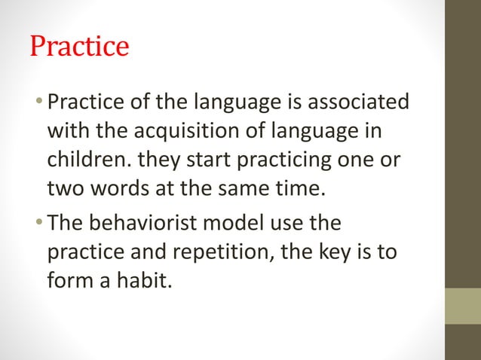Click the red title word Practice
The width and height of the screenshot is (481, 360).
pos(79,47)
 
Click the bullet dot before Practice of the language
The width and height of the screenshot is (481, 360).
pos(41,102)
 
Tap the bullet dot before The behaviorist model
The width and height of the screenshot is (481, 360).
pos(41,224)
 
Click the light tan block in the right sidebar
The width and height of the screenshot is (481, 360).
pos(463,306)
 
